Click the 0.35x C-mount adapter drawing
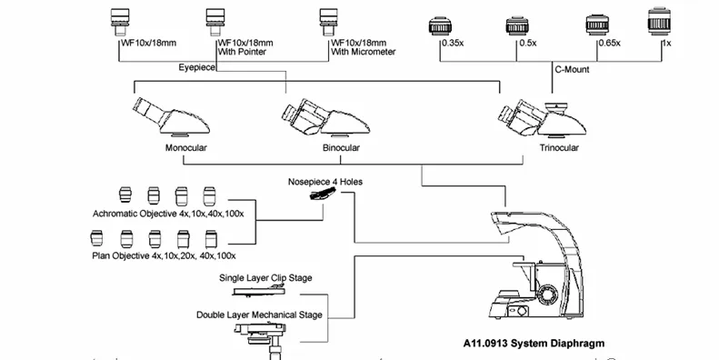tap(440, 25)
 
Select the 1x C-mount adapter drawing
tap(659, 21)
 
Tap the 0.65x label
tap(610, 43)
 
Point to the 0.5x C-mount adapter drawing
tap(518, 25)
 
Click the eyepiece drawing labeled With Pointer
tap(215, 22)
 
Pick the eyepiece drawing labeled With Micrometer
tap(328, 22)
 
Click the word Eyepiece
tap(196, 67)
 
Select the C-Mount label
tap(572, 70)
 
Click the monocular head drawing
tap(171, 117)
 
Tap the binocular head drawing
tap(325, 117)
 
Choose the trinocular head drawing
tap(543, 118)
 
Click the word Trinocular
tap(559, 147)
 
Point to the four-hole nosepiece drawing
tap(323, 195)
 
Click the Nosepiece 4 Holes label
tap(325, 182)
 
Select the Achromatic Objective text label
tap(168, 214)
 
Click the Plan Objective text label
tap(164, 255)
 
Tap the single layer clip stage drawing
tap(259, 290)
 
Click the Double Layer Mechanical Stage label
tap(259, 315)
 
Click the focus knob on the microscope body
tap(548, 293)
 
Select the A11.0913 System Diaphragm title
tap(534, 343)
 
